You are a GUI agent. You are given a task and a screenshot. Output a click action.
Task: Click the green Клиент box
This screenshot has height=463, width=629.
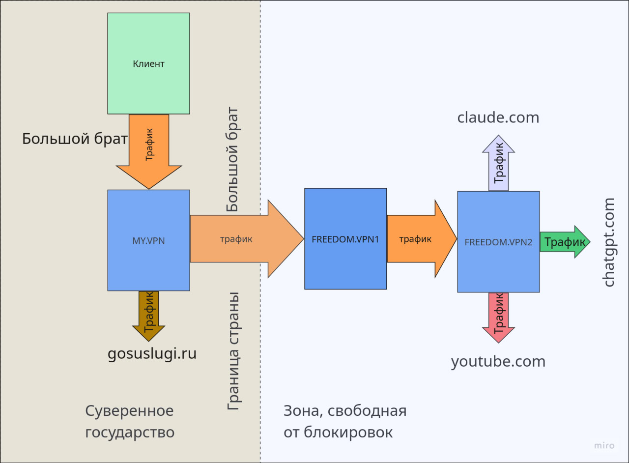[x=148, y=63]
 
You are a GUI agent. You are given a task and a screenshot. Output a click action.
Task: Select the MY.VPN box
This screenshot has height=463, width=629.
[x=148, y=240]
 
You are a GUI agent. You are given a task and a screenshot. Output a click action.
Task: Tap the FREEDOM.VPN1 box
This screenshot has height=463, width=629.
[x=345, y=239]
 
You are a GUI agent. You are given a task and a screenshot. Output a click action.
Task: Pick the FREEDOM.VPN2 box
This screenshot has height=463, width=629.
[x=498, y=242]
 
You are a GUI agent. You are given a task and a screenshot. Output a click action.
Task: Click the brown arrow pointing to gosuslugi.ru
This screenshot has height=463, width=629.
[x=149, y=315]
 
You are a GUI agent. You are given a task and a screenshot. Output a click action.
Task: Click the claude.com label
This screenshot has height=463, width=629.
[x=498, y=117]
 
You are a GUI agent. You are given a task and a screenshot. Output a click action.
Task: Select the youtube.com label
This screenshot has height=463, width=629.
[x=498, y=361]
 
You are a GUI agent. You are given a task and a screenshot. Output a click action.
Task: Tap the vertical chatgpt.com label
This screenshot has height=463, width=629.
[x=609, y=242]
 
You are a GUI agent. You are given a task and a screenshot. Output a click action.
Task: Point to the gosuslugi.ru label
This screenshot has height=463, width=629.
[x=152, y=353]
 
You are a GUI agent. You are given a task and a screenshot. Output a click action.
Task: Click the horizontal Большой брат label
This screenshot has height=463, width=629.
[x=75, y=139]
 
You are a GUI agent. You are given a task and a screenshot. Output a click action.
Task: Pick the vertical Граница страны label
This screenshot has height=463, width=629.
[x=234, y=351]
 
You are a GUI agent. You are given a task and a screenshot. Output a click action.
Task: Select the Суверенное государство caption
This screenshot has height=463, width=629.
[x=130, y=421]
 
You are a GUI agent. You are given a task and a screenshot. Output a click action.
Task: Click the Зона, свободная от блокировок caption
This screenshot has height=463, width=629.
[x=345, y=421]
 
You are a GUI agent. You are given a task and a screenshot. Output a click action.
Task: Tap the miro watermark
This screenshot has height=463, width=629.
[x=604, y=445]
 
